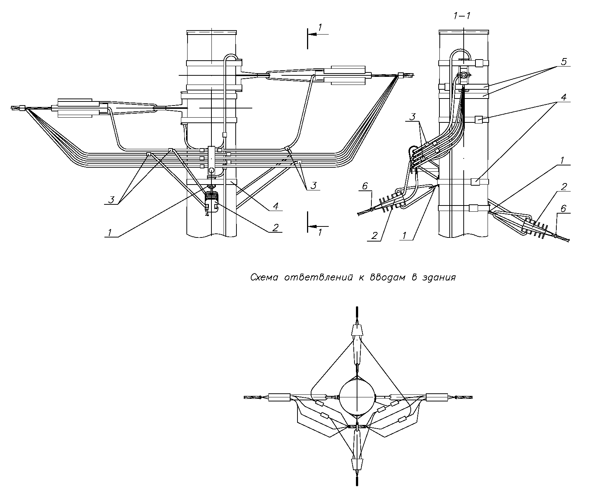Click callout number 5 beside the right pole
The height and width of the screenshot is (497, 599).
(564, 61)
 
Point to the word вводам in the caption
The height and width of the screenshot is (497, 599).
(386, 277)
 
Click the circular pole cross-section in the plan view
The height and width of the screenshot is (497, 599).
(357, 397)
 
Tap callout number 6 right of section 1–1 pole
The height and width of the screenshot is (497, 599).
(563, 209)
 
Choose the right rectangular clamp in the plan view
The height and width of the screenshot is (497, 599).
(436, 397)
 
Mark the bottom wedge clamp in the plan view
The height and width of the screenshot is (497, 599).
(357, 464)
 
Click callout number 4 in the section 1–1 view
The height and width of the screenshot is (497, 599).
(564, 97)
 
